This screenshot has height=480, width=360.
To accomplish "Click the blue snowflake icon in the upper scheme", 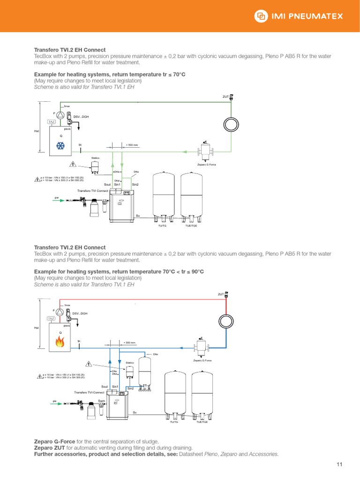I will [60, 146].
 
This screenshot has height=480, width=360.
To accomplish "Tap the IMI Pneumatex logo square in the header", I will [260, 16].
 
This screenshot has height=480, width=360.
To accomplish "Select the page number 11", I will [340, 465].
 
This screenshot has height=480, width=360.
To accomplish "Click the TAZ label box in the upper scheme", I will [52, 122].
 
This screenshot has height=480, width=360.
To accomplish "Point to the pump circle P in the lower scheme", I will [60, 311].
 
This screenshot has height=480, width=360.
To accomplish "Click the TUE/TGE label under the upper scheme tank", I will [191, 225].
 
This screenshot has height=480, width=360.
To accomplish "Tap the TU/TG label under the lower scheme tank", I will [174, 422].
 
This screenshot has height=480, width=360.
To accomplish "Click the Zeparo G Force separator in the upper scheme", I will [205, 151].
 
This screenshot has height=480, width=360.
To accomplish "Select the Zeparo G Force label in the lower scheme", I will [202, 360].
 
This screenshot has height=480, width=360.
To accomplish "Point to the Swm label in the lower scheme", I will [101, 401].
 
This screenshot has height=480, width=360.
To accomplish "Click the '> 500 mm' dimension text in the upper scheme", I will [131, 145].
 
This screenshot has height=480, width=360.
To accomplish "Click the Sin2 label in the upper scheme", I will [135, 185].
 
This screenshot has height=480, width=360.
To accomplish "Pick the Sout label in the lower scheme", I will [105, 386].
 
